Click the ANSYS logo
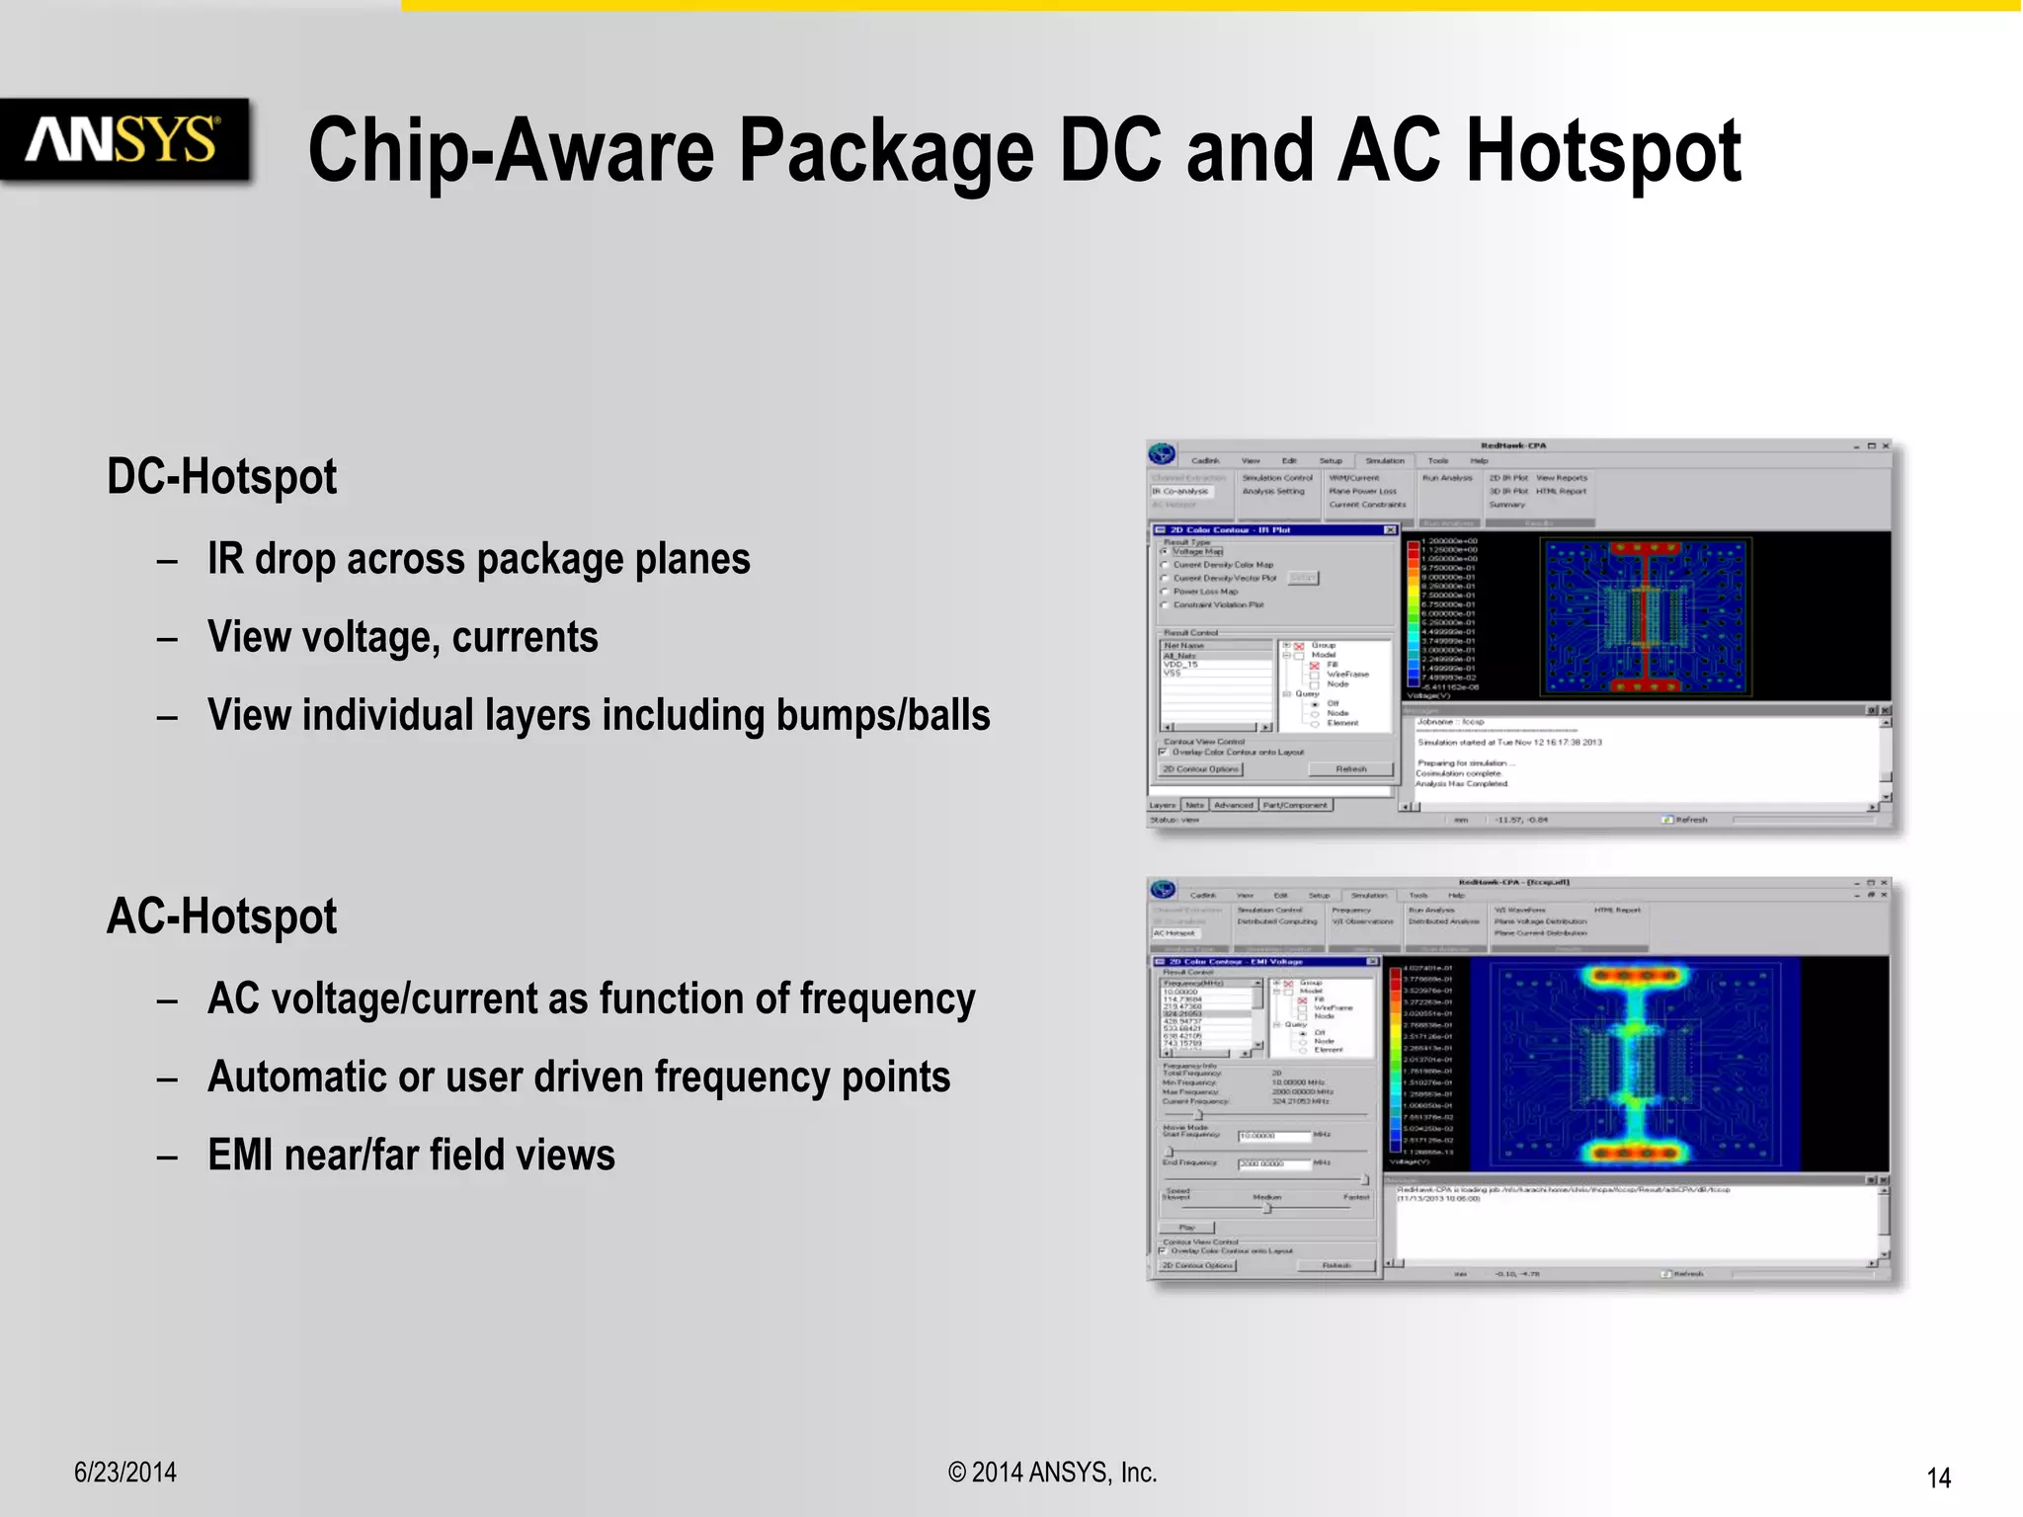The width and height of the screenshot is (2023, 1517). click(x=123, y=139)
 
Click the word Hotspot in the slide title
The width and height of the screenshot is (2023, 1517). click(x=1602, y=151)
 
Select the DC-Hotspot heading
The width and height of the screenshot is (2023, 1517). click(x=221, y=477)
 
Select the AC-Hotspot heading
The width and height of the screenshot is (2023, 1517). click(x=221, y=917)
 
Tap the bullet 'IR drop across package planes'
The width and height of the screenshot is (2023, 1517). click(x=478, y=559)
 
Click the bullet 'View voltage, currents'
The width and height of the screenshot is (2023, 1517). click(x=402, y=637)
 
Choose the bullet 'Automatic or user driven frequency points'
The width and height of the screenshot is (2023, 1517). click(x=578, y=1077)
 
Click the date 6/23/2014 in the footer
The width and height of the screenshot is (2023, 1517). click(x=125, y=1473)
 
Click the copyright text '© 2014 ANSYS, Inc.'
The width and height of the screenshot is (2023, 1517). click(x=1052, y=1473)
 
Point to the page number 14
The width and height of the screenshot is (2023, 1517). click(x=1938, y=1477)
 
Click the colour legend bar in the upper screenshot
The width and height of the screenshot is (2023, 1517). click(x=1413, y=612)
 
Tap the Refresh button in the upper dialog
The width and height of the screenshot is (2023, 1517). click(x=1350, y=769)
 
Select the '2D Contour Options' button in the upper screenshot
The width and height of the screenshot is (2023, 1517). click(x=1200, y=769)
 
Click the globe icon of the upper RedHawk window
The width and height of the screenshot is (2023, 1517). click(x=1163, y=454)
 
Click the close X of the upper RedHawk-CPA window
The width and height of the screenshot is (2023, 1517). click(x=1885, y=446)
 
